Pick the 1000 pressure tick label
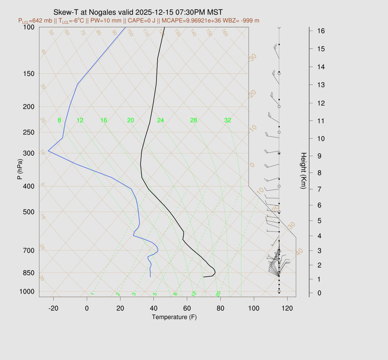pyautogui.click(x=27, y=291)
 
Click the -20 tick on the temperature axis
pyautogui.click(x=53, y=308)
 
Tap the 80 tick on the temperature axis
pyautogui.click(x=221, y=308)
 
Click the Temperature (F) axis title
pyautogui.click(x=174, y=317)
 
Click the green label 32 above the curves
pyautogui.click(x=228, y=121)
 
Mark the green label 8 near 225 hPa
pyautogui.click(x=59, y=121)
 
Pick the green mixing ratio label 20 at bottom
pyautogui.click(x=218, y=294)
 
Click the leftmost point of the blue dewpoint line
pyautogui.click(x=48, y=151)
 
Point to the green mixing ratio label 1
pyautogui.click(x=92, y=294)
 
